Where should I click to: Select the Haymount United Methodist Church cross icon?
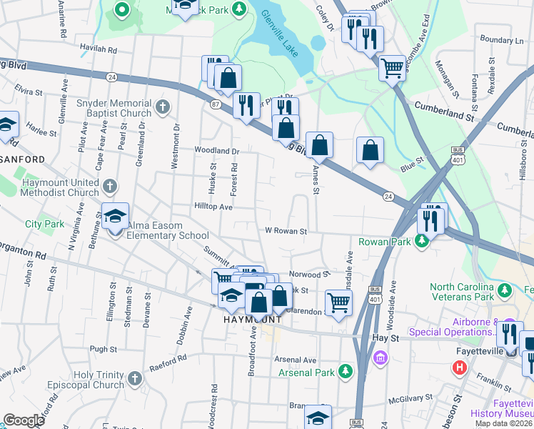point(109,187)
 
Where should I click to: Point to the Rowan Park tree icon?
point(422,242)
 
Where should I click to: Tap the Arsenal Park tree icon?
point(346,372)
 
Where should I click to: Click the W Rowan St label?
point(286,231)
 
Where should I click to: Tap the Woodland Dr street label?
point(217,151)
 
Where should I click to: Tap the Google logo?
point(24,420)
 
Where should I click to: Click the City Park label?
point(44,224)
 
